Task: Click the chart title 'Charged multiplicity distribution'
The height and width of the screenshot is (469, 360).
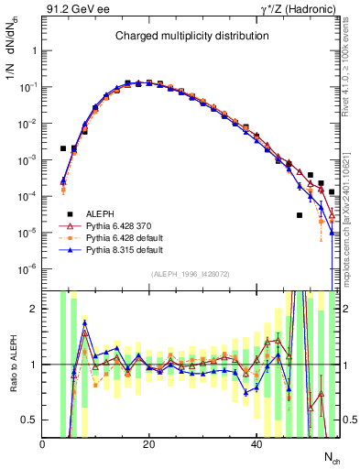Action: pyautogui.click(x=191, y=36)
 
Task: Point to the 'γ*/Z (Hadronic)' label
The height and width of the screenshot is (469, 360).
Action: pyautogui.click(x=301, y=10)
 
